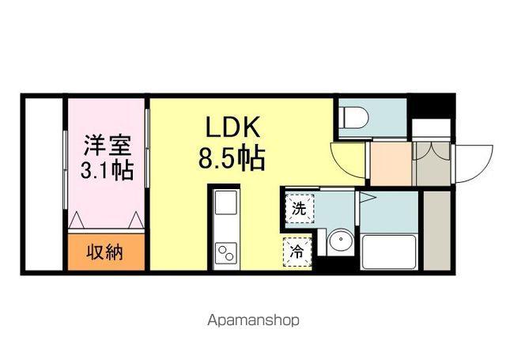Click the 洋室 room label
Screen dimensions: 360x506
point(107,146)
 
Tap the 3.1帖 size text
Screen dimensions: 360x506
point(107,169)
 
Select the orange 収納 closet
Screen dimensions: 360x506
point(106,253)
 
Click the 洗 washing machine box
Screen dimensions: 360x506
point(299,209)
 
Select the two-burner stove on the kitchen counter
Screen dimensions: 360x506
point(226,252)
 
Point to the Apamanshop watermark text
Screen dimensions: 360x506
point(253,320)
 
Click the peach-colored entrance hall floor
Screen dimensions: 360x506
point(391,163)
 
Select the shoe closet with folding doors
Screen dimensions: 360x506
point(431,163)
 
